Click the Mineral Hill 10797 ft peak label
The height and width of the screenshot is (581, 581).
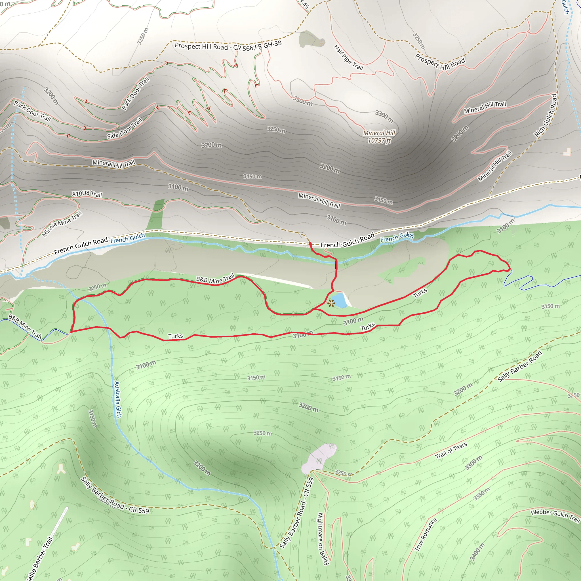(379, 136)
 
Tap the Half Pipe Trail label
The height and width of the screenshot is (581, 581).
(349, 57)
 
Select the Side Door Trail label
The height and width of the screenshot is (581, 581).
(124, 129)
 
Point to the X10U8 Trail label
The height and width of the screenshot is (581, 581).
(87, 194)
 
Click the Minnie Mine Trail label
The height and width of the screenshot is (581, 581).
(62, 224)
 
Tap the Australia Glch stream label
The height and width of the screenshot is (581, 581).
(117, 399)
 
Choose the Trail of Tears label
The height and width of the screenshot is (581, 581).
(451, 451)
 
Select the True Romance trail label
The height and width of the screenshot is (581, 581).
(425, 534)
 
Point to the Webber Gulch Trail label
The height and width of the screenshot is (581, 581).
(555, 515)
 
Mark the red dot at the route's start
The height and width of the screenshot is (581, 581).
(310, 244)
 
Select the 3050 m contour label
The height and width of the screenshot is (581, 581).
(97, 287)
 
